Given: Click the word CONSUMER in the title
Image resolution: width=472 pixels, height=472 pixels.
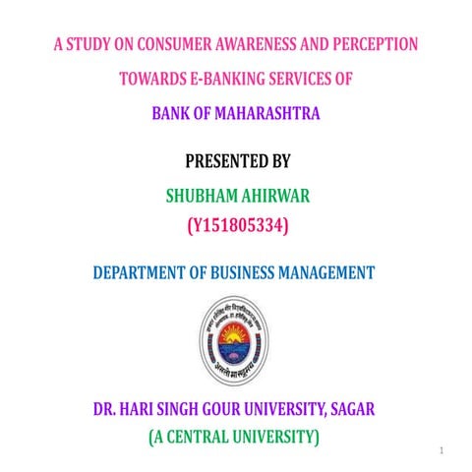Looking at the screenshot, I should (175, 44).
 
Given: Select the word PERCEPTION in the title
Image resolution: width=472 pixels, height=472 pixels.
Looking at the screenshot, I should (378, 44).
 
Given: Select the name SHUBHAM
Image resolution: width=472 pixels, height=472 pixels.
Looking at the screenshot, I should (199, 196).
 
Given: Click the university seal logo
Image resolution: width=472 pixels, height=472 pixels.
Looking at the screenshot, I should (236, 341).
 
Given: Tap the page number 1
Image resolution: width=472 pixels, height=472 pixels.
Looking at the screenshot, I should (443, 451).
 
